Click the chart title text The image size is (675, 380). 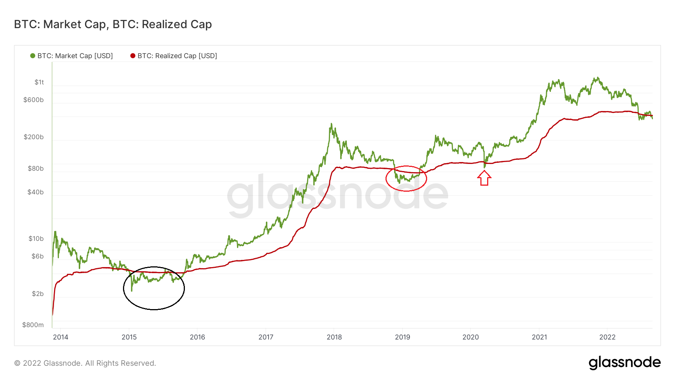tap(113, 24)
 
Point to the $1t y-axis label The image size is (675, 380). tap(39, 82)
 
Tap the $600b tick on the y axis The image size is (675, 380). tap(33, 100)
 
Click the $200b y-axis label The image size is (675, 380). tap(33, 137)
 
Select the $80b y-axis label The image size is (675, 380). tap(36, 168)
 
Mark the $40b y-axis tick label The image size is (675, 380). tap(36, 192)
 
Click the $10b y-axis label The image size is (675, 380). tap(36, 239)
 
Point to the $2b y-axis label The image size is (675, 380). tap(37, 294)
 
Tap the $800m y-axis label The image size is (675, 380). tap(33, 325)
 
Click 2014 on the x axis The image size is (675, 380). tap(60, 337)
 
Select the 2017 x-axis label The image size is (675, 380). tap(266, 337)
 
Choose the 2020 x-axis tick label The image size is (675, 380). tap(471, 337)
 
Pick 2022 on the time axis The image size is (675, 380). tap(607, 337)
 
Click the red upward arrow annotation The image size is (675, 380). tap(484, 178)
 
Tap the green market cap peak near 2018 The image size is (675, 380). tap(331, 124)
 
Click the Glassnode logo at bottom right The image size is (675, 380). tap(624, 363)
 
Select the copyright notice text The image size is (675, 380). tap(85, 363)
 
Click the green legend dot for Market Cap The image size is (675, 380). tap(33, 56)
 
